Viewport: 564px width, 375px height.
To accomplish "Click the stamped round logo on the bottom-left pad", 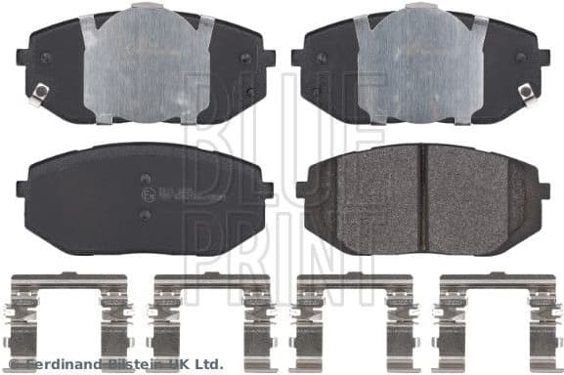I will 147,197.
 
